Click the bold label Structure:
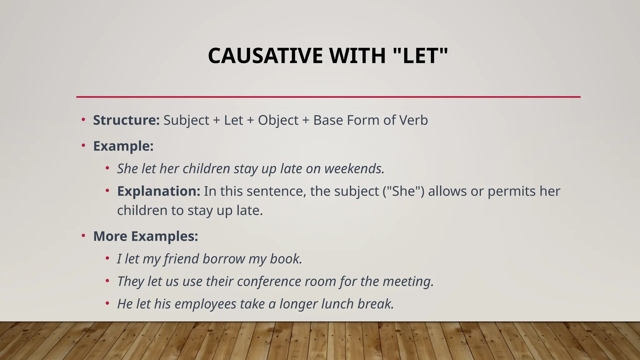point(126,120)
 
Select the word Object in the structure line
point(278,121)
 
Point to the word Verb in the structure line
point(414,120)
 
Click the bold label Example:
point(123,146)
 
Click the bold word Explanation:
point(158,191)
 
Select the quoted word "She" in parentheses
point(403,191)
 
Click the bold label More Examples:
point(146,236)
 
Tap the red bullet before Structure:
point(83,120)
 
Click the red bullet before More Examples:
point(83,236)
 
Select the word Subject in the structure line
point(186,121)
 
